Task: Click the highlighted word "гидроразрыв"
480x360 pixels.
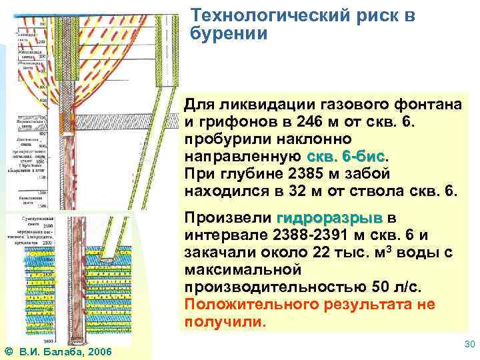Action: coord(329,218)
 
